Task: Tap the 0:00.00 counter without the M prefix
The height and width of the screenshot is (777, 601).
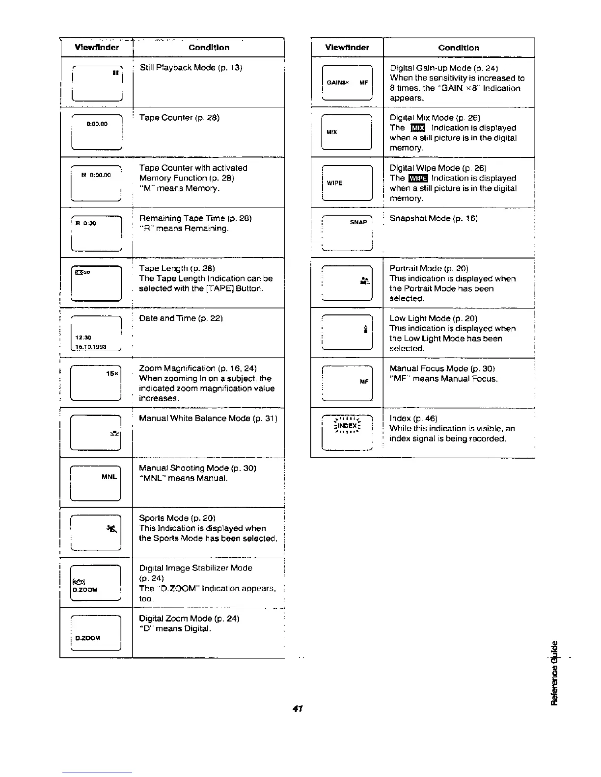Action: click(x=97, y=124)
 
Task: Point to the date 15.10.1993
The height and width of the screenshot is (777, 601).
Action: click(x=92, y=347)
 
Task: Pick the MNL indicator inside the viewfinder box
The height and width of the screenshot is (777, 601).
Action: click(x=109, y=477)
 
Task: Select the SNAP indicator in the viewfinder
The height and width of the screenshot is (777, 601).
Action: click(x=358, y=222)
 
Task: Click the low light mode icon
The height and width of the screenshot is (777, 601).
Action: click(x=365, y=330)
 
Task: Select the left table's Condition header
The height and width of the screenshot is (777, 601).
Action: click(x=209, y=48)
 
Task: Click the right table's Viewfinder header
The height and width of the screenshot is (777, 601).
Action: click(x=347, y=48)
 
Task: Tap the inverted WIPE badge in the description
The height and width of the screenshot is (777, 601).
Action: click(x=418, y=179)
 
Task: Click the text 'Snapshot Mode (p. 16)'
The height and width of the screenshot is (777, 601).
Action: click(x=427, y=218)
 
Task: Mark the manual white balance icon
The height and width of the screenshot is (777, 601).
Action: click(x=114, y=433)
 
